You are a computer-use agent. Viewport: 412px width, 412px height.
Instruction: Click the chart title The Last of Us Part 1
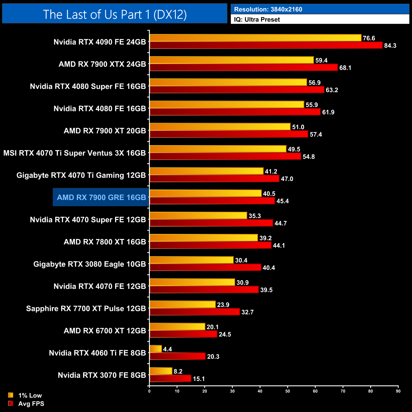click(115, 14)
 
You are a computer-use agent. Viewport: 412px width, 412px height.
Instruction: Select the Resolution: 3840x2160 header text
click(268, 10)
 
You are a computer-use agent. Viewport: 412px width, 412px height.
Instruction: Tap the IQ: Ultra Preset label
click(257, 20)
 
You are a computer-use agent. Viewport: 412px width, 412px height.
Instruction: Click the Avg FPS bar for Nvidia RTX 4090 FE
click(266, 45)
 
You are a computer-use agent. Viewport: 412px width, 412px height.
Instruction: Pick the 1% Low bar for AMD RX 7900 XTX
click(232, 60)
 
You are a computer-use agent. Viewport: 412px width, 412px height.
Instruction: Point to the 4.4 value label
click(167, 349)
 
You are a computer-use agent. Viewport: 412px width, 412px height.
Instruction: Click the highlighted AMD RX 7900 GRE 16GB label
click(101, 197)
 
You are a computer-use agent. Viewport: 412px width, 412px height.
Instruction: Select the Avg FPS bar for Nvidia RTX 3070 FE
click(170, 378)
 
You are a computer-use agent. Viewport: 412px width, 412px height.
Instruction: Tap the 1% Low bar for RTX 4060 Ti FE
click(156, 349)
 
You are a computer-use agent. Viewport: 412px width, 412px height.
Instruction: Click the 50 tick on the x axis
click(287, 391)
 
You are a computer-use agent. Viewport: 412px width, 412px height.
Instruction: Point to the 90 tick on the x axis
click(398, 391)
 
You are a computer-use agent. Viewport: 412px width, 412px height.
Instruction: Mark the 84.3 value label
click(390, 46)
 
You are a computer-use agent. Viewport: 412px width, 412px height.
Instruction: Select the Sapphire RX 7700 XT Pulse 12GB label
click(86, 309)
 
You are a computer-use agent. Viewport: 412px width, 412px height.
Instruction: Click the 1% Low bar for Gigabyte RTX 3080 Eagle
click(191, 260)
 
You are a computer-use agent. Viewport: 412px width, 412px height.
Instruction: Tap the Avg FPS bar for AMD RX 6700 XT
click(183, 334)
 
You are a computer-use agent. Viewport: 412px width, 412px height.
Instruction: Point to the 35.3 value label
click(254, 216)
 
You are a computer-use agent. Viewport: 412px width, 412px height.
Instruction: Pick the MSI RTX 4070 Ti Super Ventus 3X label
click(74, 153)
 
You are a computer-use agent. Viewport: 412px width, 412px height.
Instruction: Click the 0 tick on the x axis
click(149, 391)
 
